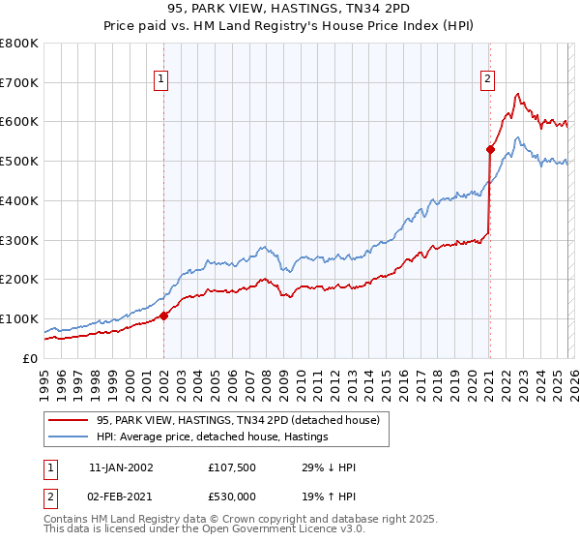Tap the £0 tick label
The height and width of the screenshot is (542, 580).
pyautogui.click(x=31, y=358)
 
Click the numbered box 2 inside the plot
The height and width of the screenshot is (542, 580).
pyautogui.click(x=488, y=80)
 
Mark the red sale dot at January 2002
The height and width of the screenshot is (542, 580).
pyautogui.click(x=164, y=316)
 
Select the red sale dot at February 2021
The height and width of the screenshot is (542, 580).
pyautogui.click(x=490, y=149)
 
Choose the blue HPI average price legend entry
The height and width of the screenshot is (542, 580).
pyautogui.click(x=212, y=437)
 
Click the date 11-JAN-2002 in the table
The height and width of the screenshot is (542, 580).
pyautogui.click(x=121, y=467)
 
